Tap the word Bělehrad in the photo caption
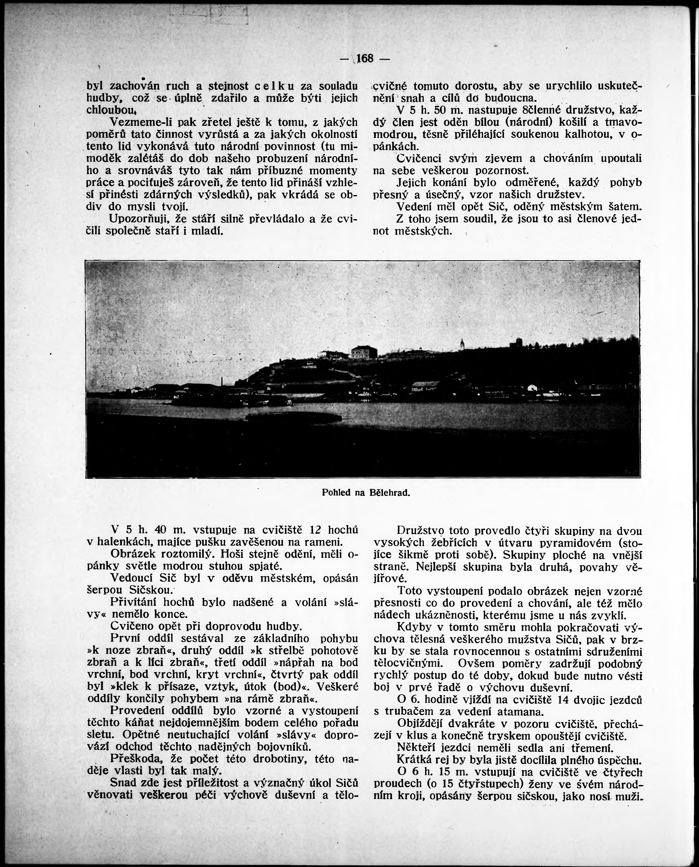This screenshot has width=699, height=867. (x=389, y=492)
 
